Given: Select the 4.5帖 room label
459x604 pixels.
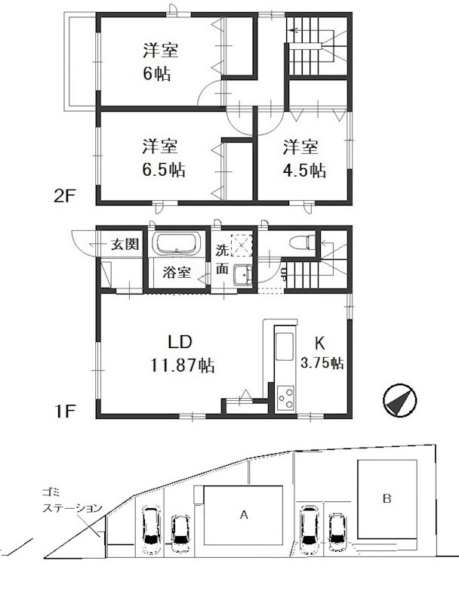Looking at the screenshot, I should (x=305, y=157).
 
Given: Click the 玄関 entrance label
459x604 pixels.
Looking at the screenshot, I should (x=125, y=244).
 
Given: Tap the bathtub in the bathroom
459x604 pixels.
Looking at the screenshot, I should (x=176, y=244).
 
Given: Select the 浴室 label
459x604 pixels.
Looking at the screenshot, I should (x=177, y=273).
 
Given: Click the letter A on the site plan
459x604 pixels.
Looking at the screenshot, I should (x=243, y=516).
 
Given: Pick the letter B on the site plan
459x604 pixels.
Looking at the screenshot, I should (x=386, y=498).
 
